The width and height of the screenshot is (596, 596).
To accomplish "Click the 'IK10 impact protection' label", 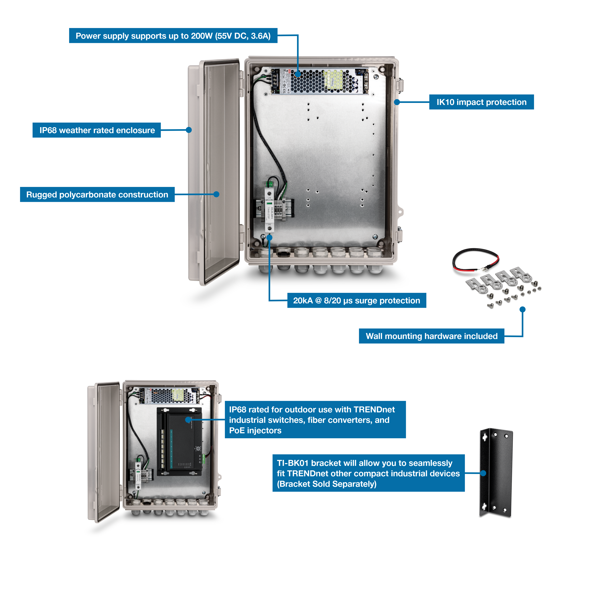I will click(481, 102).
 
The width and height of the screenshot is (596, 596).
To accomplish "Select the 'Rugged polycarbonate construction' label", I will click(97, 195).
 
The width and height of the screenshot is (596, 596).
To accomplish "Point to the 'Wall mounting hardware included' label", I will click(431, 336).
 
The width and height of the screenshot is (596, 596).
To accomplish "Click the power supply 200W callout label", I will click(173, 36).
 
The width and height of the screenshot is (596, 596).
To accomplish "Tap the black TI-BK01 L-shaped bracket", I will click(496, 472).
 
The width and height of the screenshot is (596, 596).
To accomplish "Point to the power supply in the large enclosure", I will click(319, 81).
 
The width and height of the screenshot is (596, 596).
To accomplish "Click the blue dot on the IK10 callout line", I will click(397, 102).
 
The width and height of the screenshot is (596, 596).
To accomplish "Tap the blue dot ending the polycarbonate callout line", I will click(216, 194).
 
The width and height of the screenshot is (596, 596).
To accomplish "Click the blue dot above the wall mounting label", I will click(522, 309).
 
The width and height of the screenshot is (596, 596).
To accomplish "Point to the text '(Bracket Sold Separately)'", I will click(326, 484).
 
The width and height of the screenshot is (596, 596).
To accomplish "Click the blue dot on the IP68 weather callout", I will click(189, 130).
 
